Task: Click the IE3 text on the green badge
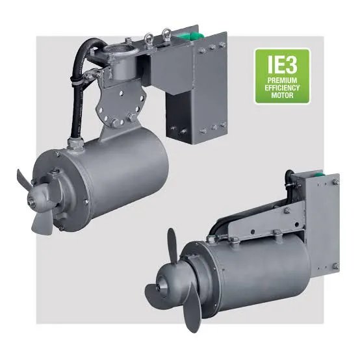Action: coord(282,64)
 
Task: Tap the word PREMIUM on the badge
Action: coord(282,81)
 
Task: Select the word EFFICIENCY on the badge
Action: coord(282,88)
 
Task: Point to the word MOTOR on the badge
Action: coord(282,96)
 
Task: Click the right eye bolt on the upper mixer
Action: coord(166,34)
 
